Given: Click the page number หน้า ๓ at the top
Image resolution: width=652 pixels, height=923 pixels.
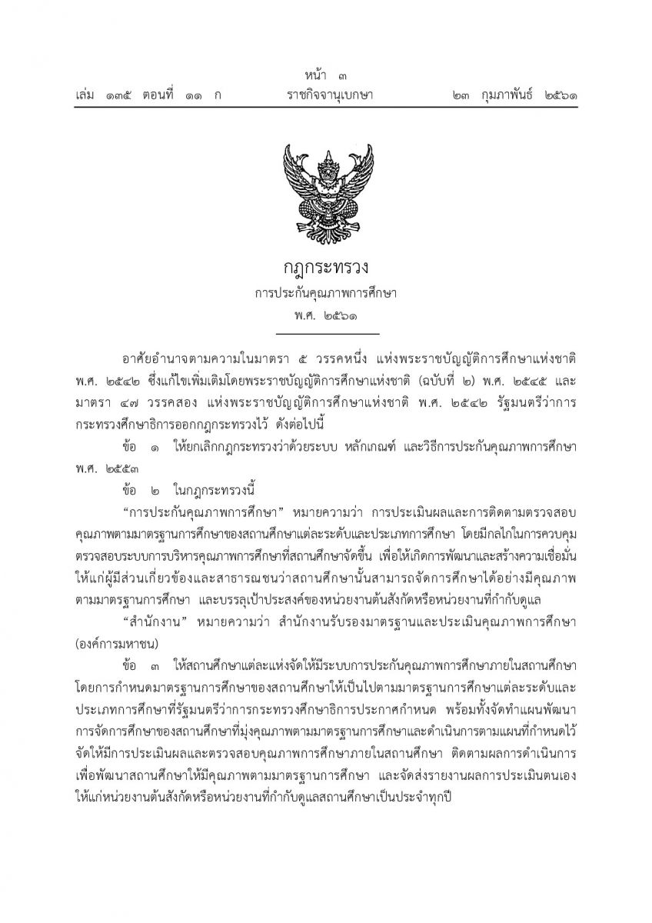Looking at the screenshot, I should pos(325,76).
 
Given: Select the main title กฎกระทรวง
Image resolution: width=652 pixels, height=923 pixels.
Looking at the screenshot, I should pos(325,268).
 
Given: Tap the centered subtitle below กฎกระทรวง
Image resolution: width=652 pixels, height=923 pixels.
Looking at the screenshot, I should pos(325,294).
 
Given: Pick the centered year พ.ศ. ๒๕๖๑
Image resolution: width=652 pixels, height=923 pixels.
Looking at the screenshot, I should pos(325,316).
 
